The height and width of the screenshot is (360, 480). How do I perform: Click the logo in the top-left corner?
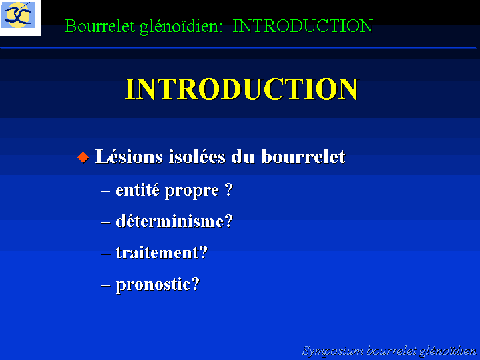[x=20, y=17]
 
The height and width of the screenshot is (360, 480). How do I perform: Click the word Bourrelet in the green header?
[x=99, y=26]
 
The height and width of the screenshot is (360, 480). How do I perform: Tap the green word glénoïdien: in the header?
[x=181, y=27]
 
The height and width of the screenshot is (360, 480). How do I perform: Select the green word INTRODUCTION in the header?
[x=303, y=26]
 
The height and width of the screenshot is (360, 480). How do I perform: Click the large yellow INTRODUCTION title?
[x=242, y=89]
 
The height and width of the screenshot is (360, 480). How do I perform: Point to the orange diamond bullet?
[x=83, y=157]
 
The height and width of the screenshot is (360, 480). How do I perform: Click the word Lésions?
[x=129, y=156]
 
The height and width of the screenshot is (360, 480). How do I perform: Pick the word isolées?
[x=197, y=156]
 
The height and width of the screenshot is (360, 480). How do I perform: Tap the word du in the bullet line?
[x=243, y=157]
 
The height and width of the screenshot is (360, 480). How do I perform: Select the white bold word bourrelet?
[x=303, y=156]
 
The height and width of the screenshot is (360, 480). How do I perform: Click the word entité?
[x=138, y=190]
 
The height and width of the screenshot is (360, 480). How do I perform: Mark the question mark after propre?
[x=229, y=190]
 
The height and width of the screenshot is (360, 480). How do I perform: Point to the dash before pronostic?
[x=105, y=286]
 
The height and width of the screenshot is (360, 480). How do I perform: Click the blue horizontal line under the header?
[x=238, y=47]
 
